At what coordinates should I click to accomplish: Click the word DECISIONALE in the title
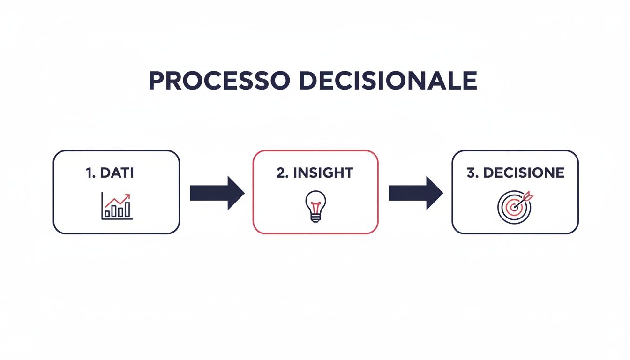pos(388,82)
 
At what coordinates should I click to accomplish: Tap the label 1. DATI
pos(110,172)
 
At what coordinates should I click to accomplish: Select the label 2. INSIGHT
pos(315,172)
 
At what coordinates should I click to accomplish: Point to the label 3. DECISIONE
pos(515,172)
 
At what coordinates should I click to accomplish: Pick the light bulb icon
pos(315,206)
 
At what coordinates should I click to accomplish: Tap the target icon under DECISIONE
pos(514,206)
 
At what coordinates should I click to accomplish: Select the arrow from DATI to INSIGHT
pos(217,193)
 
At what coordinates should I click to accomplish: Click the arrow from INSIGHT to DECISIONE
pos(415,193)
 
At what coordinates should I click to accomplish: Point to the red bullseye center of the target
pos(514,207)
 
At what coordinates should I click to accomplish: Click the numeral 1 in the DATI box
pos(89,172)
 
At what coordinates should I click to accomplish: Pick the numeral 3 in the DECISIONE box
pos(471,172)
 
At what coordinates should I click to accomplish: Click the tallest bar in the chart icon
pos(127,209)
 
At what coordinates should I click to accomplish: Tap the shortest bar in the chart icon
pos(107,213)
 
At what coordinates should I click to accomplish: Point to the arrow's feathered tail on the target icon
pos(529,194)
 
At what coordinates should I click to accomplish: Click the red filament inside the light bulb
pos(315,204)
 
